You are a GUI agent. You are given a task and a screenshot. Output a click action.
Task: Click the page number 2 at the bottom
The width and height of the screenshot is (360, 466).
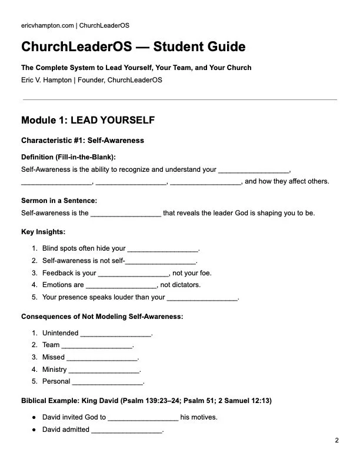click(337, 441)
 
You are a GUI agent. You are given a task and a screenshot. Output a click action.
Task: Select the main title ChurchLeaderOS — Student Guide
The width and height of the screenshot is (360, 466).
click(133, 47)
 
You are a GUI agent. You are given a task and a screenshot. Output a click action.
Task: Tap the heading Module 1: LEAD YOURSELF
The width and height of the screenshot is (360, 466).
click(88, 121)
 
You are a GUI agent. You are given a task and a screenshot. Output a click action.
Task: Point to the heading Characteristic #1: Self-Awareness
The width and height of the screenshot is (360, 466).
click(82, 141)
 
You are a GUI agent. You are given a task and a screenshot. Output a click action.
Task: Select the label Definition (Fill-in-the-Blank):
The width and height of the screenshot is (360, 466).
click(68, 157)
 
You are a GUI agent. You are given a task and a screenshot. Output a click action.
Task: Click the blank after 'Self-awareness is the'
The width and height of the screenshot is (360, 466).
click(126, 214)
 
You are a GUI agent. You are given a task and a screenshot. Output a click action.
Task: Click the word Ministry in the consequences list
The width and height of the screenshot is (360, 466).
click(54, 370)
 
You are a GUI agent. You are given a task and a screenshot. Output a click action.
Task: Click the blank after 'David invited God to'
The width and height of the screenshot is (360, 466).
click(143, 418)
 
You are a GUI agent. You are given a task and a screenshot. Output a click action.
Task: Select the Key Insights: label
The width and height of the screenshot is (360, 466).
click(43, 232)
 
